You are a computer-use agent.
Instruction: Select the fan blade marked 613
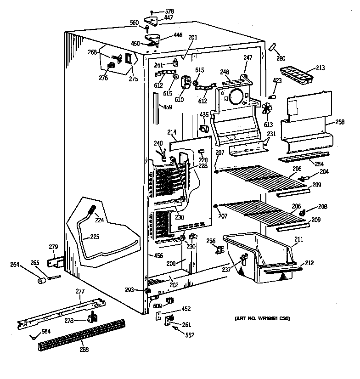267,109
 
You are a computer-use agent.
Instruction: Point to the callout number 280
281,58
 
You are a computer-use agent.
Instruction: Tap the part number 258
339,122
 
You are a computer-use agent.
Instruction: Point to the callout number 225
94,238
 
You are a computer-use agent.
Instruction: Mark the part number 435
204,115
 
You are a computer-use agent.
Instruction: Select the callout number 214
172,133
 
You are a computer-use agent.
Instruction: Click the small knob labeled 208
303,213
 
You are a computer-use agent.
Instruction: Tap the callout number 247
247,58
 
